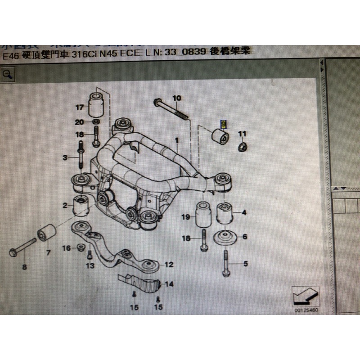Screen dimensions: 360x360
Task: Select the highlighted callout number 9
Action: coord(222,123)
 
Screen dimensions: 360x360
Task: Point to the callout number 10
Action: coord(176,98)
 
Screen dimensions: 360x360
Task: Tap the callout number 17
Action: coord(80,107)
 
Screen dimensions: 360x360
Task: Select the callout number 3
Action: coord(65,157)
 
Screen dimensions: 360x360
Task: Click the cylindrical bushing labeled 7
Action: coord(46,233)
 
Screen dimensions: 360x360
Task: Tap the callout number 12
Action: coord(169,265)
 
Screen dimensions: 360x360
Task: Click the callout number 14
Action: coord(169,284)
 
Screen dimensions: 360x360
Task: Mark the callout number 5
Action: coord(245,264)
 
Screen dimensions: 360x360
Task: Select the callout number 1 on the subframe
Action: coord(177,141)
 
